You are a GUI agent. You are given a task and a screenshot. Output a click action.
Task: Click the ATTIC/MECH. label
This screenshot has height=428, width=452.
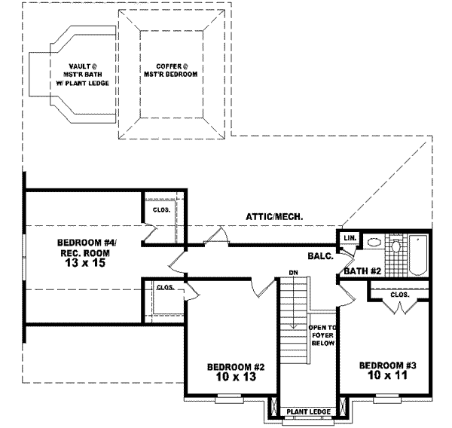pyautogui.click(x=274, y=217)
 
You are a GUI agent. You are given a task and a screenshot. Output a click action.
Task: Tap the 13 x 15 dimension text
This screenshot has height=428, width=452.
pyautogui.click(x=85, y=263)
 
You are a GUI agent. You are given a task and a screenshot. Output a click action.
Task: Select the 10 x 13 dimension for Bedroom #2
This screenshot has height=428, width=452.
pyautogui.click(x=236, y=376)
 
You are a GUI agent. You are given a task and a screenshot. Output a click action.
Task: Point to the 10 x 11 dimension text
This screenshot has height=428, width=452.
pyautogui.click(x=387, y=375)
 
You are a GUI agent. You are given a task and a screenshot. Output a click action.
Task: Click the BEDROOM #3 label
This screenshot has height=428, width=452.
pyautogui.click(x=388, y=365)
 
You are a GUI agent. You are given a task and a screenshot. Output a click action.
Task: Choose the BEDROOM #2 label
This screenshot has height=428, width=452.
pyautogui.click(x=236, y=367)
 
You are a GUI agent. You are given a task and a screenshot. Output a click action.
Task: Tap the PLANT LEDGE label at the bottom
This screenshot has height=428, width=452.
pyautogui.click(x=308, y=412)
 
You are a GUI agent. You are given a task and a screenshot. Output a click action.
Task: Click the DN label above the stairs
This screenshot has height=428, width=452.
pyautogui.click(x=294, y=273)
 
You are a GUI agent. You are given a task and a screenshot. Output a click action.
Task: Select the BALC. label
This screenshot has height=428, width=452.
pyautogui.click(x=321, y=255)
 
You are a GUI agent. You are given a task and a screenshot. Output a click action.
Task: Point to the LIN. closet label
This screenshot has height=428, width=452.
pyautogui.click(x=350, y=238)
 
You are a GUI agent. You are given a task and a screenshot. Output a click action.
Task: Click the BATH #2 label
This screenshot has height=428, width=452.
pyautogui.click(x=362, y=271)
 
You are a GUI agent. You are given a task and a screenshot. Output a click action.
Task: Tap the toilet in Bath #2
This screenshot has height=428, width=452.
pyautogui.click(x=395, y=246)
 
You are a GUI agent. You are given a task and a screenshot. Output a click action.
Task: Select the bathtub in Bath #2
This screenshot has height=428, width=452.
pyautogui.click(x=417, y=255)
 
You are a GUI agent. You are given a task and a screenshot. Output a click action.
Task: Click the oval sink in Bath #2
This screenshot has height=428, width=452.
pyautogui.click(x=374, y=242)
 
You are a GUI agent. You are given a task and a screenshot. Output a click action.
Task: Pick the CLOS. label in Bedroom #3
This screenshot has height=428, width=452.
pyautogui.click(x=399, y=295)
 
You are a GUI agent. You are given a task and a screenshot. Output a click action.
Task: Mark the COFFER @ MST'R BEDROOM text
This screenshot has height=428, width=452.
pyautogui.click(x=171, y=70)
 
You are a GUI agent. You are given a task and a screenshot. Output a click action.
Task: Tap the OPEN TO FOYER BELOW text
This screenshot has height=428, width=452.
pyautogui.click(x=322, y=335)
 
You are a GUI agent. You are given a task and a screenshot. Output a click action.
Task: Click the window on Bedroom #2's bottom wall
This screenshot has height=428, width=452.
pyautogui.click(x=230, y=399)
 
